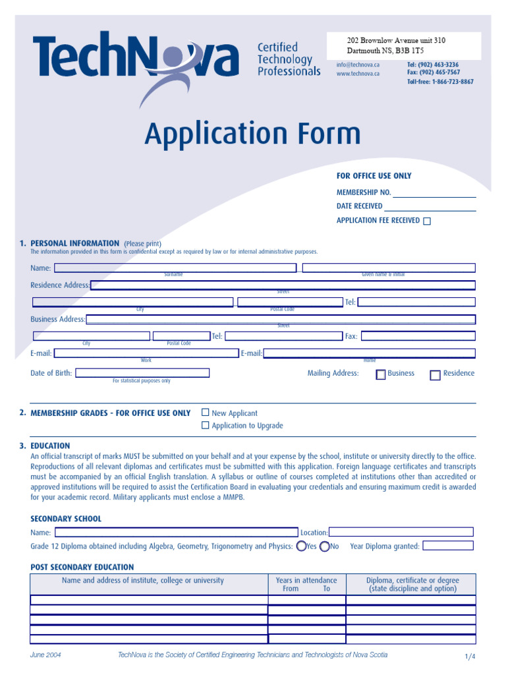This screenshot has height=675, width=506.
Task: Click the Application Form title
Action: click(x=252, y=134)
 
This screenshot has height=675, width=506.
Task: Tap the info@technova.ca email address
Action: click(x=358, y=65)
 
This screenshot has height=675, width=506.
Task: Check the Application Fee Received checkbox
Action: click(x=427, y=221)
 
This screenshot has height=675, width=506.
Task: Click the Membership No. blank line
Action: click(x=434, y=192)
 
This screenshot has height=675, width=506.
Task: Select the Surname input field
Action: click(x=175, y=268)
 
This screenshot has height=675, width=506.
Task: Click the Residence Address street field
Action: click(x=283, y=285)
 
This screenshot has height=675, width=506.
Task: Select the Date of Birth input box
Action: click(x=142, y=373)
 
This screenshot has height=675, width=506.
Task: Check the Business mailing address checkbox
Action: click(x=381, y=375)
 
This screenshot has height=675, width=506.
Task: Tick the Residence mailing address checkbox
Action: click(x=435, y=375)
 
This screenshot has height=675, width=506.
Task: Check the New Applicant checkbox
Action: click(x=206, y=413)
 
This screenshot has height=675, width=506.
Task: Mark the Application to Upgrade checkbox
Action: click(x=206, y=425)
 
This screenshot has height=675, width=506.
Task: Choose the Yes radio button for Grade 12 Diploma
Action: click(x=301, y=546)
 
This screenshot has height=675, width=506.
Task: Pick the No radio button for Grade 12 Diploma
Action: click(x=324, y=546)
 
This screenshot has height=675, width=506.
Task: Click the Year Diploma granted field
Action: click(x=447, y=546)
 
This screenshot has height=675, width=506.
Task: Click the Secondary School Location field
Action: click(x=401, y=532)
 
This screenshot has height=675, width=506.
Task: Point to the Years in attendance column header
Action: click(x=306, y=584)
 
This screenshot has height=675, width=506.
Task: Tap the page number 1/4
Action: click(x=469, y=657)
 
